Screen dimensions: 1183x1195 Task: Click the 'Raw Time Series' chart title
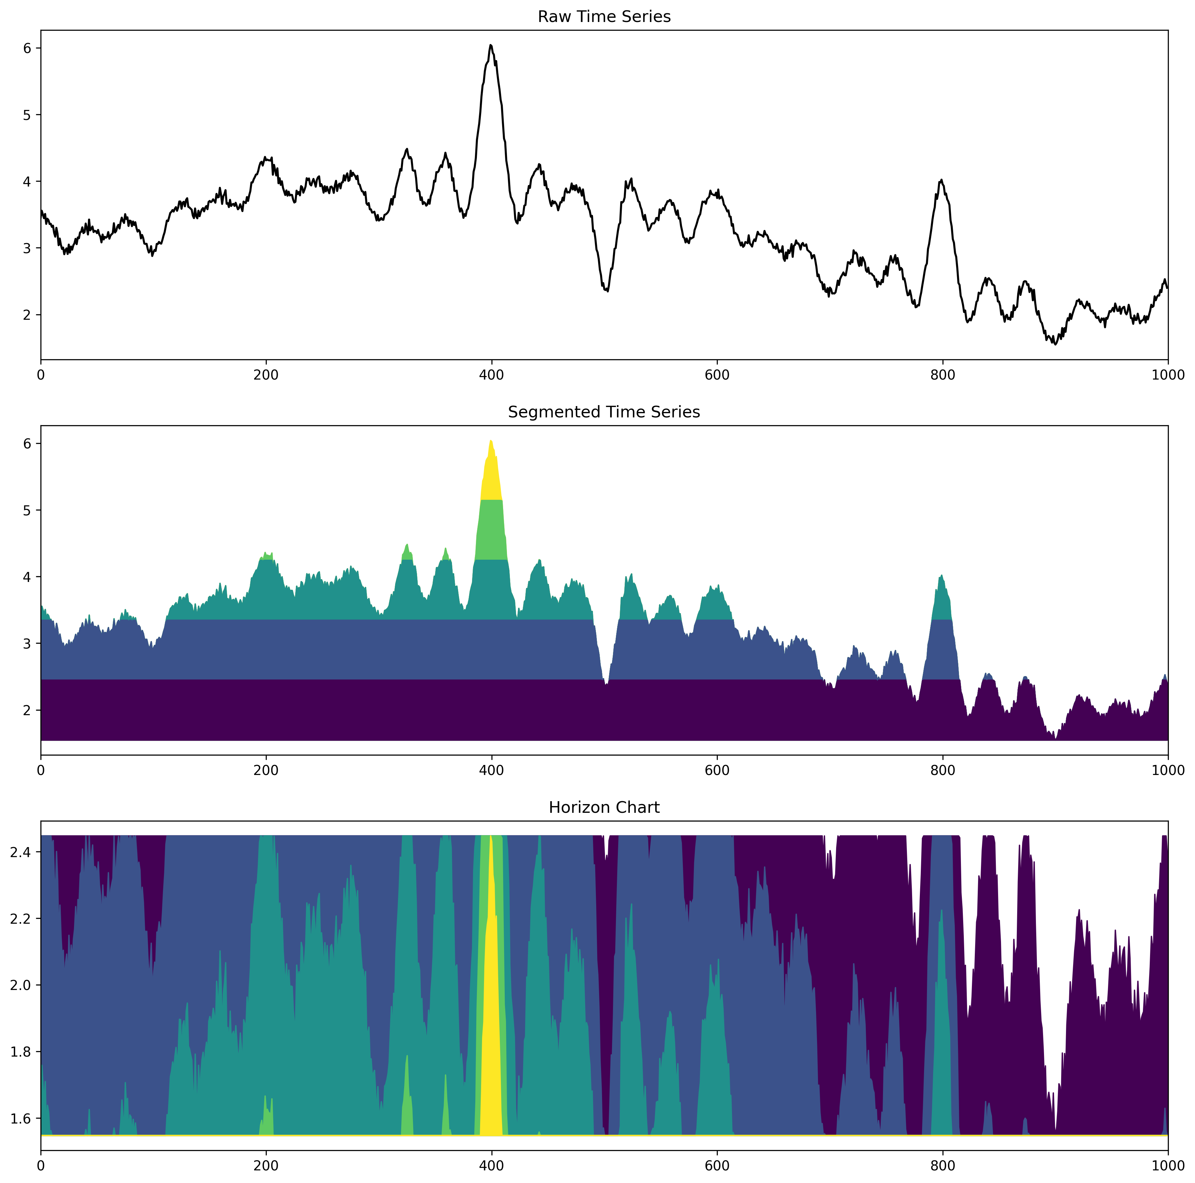pyautogui.click(x=604, y=17)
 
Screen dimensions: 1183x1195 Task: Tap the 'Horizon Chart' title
pyautogui.click(x=604, y=808)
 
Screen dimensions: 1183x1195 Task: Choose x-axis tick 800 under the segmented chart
pyautogui.click(x=942, y=770)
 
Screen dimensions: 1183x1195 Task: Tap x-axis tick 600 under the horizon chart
pyautogui.click(x=717, y=1166)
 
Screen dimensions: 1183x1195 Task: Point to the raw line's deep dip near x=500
pyautogui.click(x=608, y=291)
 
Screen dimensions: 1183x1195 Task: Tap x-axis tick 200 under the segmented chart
pyautogui.click(x=266, y=770)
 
